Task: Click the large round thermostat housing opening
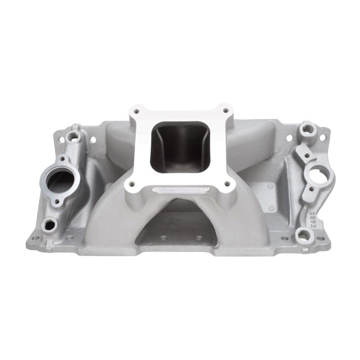pyautogui.click(x=59, y=181)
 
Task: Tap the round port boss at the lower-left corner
pyautogui.click(x=49, y=223)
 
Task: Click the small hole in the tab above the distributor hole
pyautogui.click(x=306, y=156)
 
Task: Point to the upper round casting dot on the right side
pyautogui.click(x=270, y=186)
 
